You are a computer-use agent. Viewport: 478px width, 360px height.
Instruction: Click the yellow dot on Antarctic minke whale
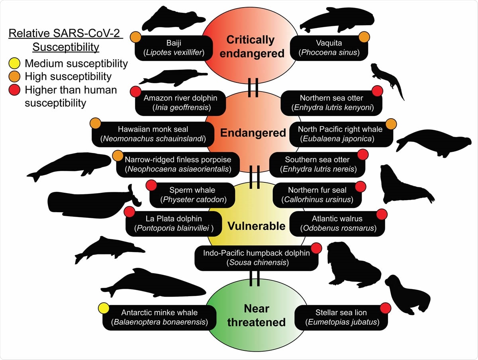click(x=104, y=308)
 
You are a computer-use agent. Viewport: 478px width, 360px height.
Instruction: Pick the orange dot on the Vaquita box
click(x=364, y=37)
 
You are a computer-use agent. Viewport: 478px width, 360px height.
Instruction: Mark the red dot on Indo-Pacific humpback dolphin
click(x=316, y=248)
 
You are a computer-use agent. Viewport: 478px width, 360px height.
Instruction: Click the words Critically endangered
click(x=250, y=46)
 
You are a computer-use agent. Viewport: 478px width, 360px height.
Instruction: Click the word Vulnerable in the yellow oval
click(x=257, y=226)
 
